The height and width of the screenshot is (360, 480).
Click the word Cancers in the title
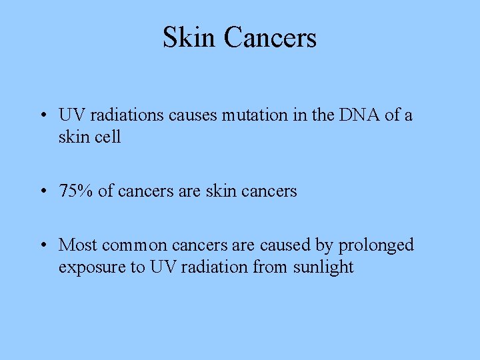[270, 37]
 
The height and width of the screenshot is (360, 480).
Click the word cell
[107, 137]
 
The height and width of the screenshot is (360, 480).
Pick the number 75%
[76, 191]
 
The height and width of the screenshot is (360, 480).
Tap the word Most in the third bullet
[78, 245]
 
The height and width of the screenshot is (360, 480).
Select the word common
[135, 245]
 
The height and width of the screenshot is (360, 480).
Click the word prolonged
[376, 246]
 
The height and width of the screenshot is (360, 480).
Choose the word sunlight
[323, 268]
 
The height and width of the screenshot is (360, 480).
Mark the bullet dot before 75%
[42, 192]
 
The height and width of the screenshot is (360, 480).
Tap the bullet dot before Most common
[42, 246]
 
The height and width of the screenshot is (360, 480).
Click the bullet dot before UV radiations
[42, 116]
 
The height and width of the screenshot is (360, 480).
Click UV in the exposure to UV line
[162, 268]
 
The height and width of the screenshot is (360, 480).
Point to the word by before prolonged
[325, 246]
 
